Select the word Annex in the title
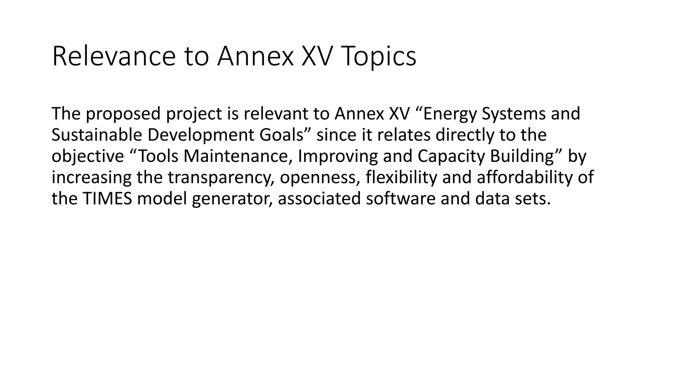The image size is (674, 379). point(255,57)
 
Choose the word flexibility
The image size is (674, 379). point(401,177)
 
